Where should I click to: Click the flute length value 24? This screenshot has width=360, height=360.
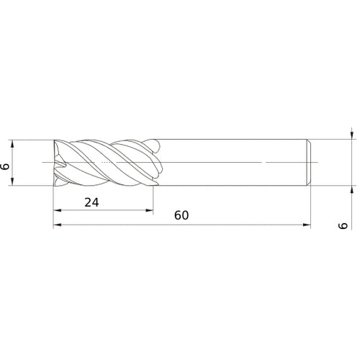point(91,202)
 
